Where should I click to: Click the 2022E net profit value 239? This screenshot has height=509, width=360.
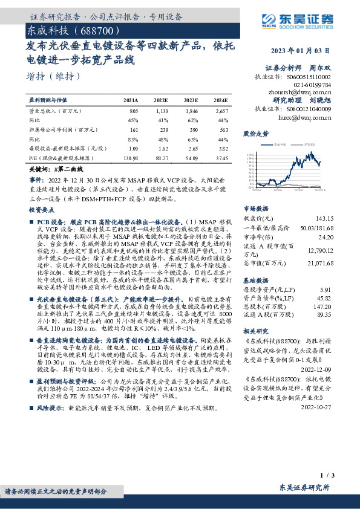click(160, 129)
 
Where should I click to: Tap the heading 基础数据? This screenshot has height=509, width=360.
click(255, 280)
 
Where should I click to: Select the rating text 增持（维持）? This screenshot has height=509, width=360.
click(54, 76)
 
